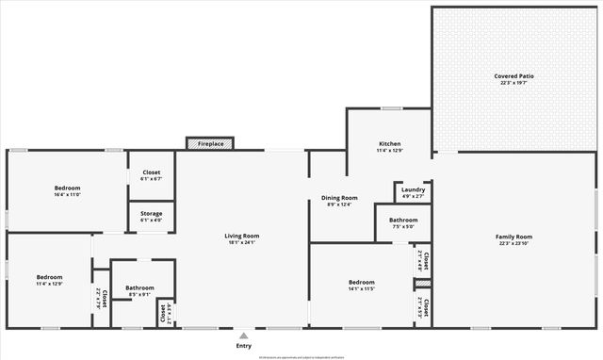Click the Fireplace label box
210,143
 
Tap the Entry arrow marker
244,335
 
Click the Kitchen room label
390,143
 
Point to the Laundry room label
413,189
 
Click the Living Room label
241,236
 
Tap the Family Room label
514,237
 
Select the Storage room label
151,214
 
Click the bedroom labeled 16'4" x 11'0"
67,188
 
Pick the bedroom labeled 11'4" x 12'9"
48,277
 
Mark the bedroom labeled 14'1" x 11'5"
362,282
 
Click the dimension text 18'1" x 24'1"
241,243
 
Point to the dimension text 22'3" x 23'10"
514,244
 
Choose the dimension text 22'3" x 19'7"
514,83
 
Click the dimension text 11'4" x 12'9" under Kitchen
390,151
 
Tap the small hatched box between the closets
423,283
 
